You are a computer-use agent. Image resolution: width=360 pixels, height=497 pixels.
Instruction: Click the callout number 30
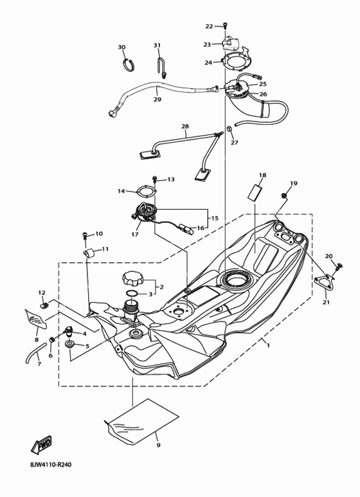pyautogui.click(x=122, y=48)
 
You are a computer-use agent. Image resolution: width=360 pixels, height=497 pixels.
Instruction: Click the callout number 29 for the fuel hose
pyautogui.click(x=157, y=99)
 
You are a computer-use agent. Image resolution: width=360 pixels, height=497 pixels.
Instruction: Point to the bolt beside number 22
pyautogui.click(x=225, y=26)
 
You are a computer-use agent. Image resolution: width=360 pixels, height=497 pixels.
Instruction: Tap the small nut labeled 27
pyautogui.click(x=228, y=131)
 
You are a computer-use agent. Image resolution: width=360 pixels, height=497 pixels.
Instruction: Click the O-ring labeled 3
pyautogui.click(x=131, y=294)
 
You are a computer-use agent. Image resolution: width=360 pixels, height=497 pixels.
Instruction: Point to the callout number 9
pyautogui.click(x=157, y=444)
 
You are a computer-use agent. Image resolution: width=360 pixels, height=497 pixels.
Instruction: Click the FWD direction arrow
pyautogui.click(x=42, y=446)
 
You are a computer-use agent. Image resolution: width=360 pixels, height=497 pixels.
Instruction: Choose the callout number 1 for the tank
pyautogui.click(x=268, y=345)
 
